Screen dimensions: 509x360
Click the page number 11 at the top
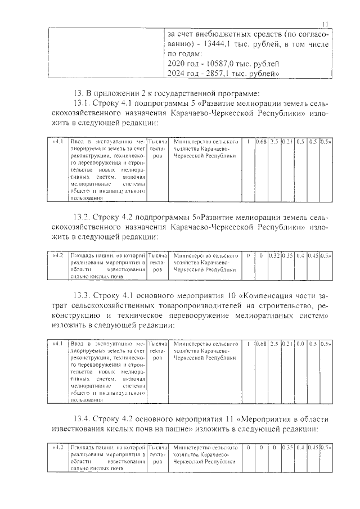click(325, 23)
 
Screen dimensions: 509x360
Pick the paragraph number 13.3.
click(84, 295)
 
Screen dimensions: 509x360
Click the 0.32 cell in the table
click(274, 256)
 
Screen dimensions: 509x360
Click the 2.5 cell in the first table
click(274, 142)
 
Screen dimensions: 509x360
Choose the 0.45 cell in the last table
click(314, 448)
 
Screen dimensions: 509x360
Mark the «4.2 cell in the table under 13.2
click(57, 256)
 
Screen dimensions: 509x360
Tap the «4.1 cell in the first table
click(57, 142)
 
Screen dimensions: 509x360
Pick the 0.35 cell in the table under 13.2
click(287, 256)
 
